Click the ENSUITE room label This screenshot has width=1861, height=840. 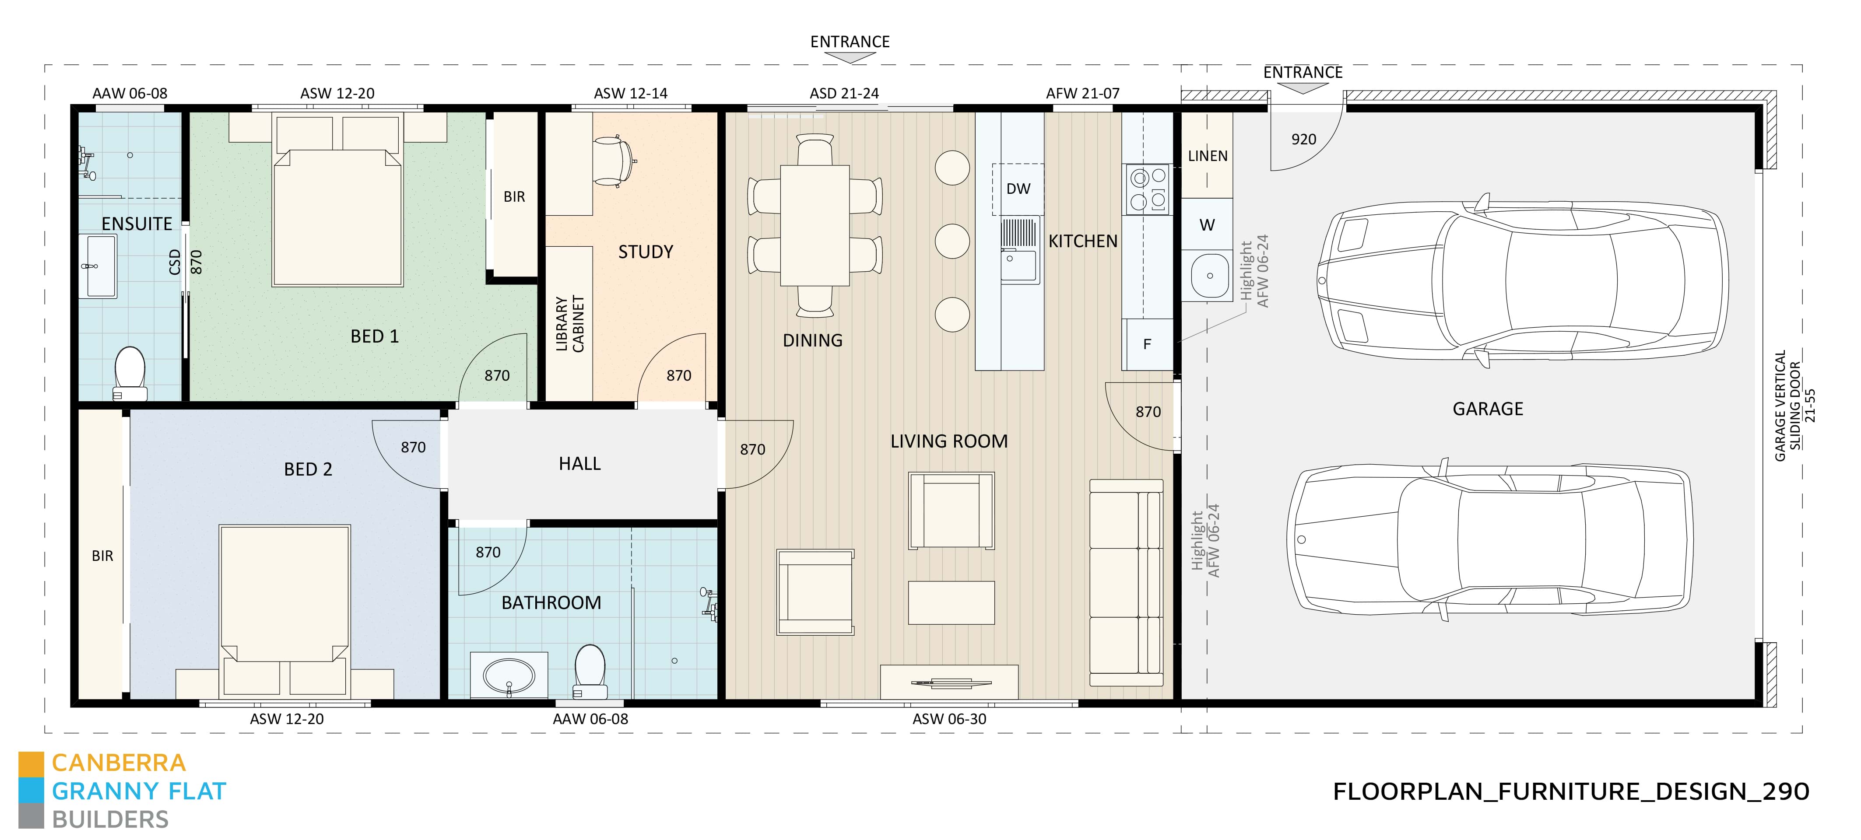(x=137, y=224)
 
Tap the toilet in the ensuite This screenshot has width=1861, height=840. (x=130, y=372)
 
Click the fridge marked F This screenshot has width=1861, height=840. (x=1147, y=344)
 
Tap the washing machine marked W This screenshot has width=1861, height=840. (x=1207, y=224)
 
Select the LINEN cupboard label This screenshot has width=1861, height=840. (x=1207, y=156)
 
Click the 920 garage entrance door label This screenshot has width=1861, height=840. (x=1303, y=140)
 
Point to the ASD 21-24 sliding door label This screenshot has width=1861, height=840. (x=844, y=93)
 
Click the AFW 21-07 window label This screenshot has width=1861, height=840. (x=1082, y=93)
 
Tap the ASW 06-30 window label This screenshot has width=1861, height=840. (x=948, y=719)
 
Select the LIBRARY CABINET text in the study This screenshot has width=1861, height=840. (x=569, y=324)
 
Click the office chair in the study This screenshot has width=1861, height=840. (x=614, y=161)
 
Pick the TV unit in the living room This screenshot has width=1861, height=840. (x=948, y=682)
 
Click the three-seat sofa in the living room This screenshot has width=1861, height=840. (x=1126, y=582)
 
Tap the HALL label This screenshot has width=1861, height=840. (x=579, y=464)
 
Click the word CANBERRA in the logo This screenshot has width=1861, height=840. (x=119, y=763)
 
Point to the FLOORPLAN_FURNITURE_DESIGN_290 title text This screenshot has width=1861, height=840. (x=1570, y=791)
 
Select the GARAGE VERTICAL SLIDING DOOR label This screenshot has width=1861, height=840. (x=1793, y=406)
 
